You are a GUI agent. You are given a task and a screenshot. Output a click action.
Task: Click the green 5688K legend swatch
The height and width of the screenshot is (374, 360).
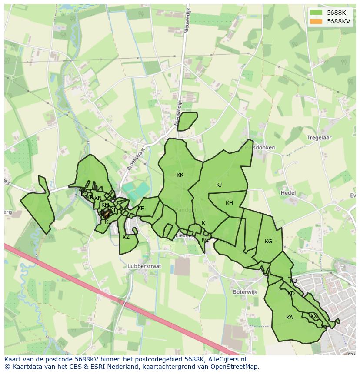coord(316,13)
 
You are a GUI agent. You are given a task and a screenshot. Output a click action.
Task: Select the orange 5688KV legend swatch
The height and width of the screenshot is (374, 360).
coord(316,21)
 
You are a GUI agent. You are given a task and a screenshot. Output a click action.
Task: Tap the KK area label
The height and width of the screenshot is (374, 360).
coord(180,175)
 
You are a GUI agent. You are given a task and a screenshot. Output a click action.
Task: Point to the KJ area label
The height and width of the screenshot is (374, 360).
coord(219,185)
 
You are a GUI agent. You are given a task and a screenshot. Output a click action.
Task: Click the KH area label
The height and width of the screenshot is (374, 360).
coord(229,203)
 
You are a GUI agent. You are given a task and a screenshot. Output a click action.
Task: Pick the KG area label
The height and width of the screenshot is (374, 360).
coord(268,242)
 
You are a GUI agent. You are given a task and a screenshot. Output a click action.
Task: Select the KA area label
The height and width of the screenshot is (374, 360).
coord(290,318)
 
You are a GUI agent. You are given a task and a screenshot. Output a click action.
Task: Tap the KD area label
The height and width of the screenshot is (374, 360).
coord(291,294)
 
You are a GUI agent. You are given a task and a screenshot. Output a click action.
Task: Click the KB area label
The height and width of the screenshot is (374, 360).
coord(293,281)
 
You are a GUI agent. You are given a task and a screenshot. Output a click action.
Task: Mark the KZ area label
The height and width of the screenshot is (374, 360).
coord(126,237)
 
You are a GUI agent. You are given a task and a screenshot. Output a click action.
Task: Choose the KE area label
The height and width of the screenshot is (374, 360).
coord(141,209)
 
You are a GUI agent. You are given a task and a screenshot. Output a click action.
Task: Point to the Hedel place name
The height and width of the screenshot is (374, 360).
coord(288,193)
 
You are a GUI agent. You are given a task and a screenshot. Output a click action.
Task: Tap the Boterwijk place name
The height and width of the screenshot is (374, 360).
coord(246,292)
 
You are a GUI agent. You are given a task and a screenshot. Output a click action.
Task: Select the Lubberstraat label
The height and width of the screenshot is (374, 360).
coord(144,266)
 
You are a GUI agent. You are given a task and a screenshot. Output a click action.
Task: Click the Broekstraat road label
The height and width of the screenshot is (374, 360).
coord(135,159)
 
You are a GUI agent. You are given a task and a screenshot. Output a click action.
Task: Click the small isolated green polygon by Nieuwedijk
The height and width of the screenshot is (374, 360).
coord(187,121)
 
